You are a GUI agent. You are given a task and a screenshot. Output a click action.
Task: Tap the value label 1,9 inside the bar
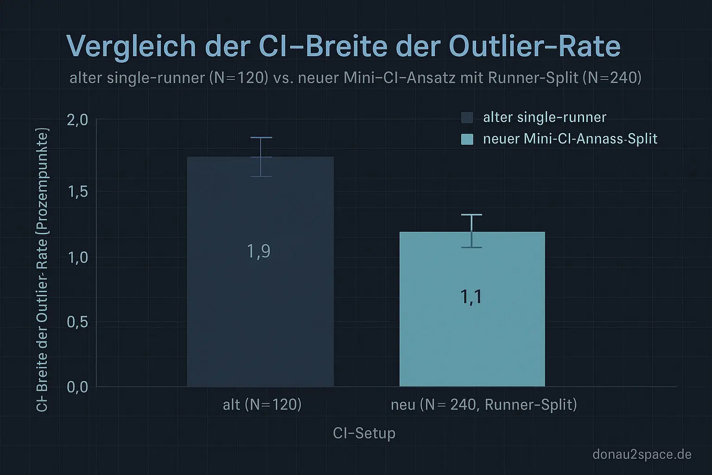click(259, 251)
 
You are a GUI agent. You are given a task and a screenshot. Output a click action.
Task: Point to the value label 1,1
click(471, 296)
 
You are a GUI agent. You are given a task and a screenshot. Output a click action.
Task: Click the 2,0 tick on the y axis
click(77, 120)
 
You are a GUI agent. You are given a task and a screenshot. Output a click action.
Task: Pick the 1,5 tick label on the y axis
click(77, 191)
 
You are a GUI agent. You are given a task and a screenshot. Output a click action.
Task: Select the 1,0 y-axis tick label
click(77, 257)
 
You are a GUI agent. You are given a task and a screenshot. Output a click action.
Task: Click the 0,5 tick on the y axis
click(77, 321)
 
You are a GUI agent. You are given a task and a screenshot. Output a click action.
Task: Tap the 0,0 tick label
click(77, 386)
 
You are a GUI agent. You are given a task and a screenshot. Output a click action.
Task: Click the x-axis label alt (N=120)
click(262, 404)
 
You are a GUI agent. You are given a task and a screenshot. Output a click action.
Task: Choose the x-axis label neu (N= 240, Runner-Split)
click(484, 404)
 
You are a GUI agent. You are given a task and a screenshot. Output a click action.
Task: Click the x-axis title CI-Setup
click(364, 433)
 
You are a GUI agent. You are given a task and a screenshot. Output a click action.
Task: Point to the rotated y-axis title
click(42, 269)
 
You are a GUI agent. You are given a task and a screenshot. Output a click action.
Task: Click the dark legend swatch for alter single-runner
click(467, 117)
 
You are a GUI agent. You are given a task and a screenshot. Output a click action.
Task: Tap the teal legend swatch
click(467, 139)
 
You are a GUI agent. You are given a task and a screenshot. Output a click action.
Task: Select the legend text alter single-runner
click(544, 117)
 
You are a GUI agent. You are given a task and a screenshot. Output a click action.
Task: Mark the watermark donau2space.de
click(642, 454)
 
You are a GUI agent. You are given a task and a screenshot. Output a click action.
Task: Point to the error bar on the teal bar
click(471, 231)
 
